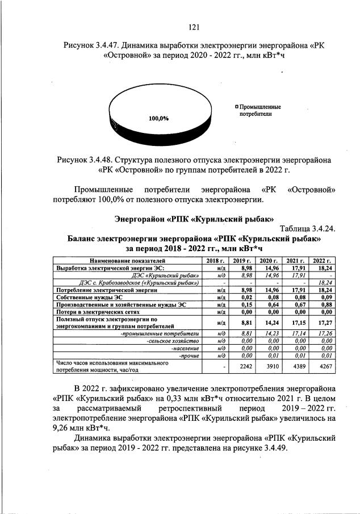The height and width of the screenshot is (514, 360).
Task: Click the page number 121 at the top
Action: pos(193,26)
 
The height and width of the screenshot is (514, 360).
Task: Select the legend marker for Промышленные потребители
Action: pos(236,106)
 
